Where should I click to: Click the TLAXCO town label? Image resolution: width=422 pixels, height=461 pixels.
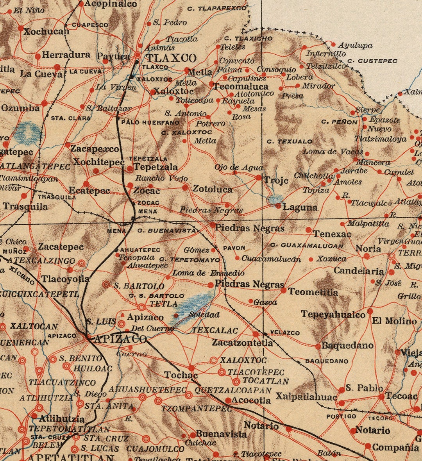click(x=172, y=59)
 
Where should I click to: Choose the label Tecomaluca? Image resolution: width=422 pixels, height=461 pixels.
click(x=241, y=86)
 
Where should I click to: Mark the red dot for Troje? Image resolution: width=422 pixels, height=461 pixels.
click(x=258, y=178)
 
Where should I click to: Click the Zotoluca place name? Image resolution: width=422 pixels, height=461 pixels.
click(x=212, y=189)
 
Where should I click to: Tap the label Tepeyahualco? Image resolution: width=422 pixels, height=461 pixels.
click(x=333, y=314)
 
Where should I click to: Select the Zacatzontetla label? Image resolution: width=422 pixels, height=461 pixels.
click(x=242, y=343)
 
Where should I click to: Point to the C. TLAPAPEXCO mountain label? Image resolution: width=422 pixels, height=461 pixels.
click(x=217, y=8)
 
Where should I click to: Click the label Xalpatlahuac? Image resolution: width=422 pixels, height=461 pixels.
click(x=306, y=397)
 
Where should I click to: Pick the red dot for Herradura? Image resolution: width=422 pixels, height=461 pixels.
click(x=38, y=57)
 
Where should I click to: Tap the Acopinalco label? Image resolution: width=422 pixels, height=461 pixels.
click(x=111, y=4)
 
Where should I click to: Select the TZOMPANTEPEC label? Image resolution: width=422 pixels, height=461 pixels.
click(x=197, y=409)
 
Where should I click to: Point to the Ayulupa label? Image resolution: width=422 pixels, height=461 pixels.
click(x=355, y=45)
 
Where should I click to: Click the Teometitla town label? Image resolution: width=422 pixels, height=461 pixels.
click(x=313, y=291)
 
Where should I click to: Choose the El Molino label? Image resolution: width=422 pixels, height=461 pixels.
click(x=394, y=321)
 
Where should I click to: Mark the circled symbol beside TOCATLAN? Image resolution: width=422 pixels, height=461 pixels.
click(x=236, y=381)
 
